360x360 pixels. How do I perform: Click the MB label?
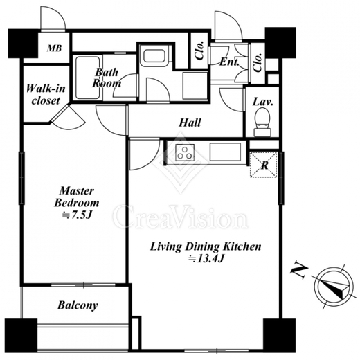click(x=55, y=48)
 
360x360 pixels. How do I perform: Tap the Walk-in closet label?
click(x=46, y=94)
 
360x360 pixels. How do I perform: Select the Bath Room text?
click(x=107, y=78)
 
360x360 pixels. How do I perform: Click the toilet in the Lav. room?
click(x=262, y=122)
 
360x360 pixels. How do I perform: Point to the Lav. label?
click(x=263, y=102)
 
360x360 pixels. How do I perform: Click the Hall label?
click(x=190, y=123)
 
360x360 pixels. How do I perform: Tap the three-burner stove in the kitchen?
click(x=185, y=152)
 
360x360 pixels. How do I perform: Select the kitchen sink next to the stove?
click(x=225, y=152)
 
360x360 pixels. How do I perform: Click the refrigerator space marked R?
click(x=264, y=165)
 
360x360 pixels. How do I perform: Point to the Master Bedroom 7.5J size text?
click(x=77, y=215)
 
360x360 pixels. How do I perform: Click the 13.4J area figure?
click(x=206, y=259)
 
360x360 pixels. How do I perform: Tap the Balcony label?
click(x=78, y=305)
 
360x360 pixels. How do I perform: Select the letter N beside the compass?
click(x=299, y=271)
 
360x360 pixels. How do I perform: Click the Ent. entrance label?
click(x=229, y=62)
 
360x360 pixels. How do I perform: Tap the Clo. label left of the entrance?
click(x=200, y=51)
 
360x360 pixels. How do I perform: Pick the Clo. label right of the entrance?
click(x=258, y=62)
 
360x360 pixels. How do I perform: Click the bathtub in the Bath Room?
click(x=87, y=78)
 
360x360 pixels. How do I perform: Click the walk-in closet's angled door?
click(x=69, y=117)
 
